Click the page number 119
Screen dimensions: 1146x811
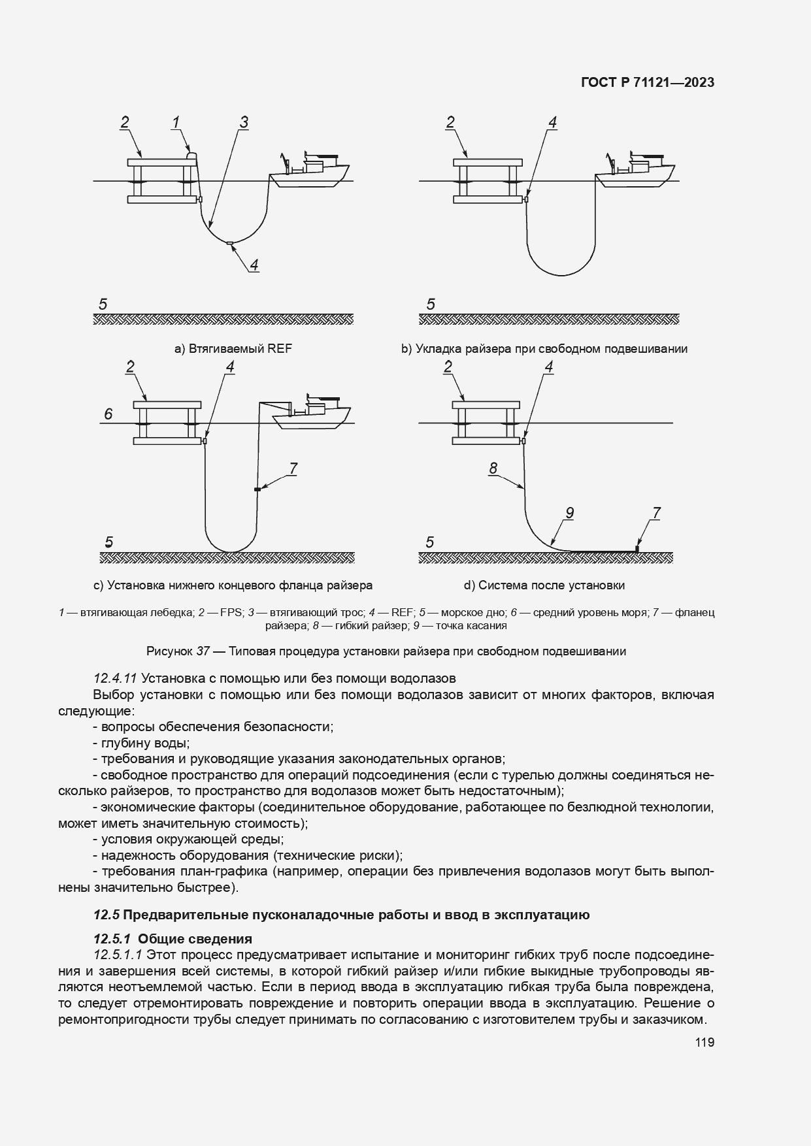(704, 1042)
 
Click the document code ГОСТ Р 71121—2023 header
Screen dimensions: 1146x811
(647, 82)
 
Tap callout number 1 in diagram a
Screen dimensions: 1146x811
(176, 122)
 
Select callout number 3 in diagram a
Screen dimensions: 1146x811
(243, 122)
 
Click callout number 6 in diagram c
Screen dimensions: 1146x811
(108, 414)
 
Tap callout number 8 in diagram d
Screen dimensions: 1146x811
(493, 468)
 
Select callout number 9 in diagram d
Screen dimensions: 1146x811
(569, 513)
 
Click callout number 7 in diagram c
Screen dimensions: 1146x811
(293, 468)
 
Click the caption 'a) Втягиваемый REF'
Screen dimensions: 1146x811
(233, 349)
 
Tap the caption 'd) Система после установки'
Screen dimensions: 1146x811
(544, 585)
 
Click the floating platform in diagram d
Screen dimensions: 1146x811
(488, 423)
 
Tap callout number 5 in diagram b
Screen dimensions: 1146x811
(430, 304)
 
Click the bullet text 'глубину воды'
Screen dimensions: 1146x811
(145, 743)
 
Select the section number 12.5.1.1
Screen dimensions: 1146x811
(118, 955)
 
